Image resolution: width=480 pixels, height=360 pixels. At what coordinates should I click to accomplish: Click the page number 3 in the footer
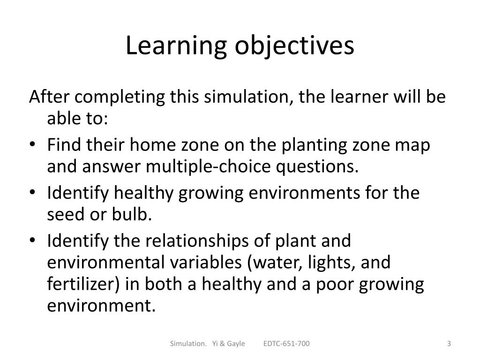(449, 344)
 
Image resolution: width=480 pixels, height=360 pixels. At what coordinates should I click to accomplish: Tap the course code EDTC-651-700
(286, 344)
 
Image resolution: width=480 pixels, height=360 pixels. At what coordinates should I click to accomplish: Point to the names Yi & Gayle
(228, 344)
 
